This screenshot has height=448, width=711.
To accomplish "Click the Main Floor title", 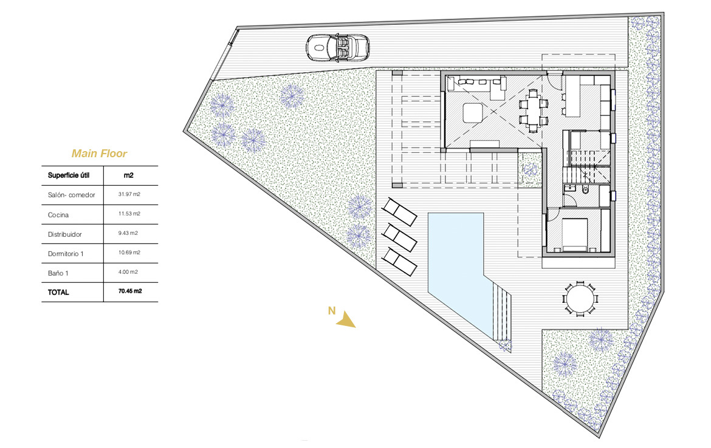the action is point(99,154).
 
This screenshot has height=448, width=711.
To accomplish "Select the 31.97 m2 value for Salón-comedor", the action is point(129,194).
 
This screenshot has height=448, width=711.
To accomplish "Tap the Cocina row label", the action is point(58,215).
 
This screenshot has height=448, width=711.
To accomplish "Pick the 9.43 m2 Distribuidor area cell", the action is point(128,233).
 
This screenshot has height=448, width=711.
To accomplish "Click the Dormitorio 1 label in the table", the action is point(66,254).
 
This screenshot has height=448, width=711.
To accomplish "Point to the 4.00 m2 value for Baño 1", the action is point(128,272).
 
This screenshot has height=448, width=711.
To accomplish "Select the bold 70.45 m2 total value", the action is point(130,291).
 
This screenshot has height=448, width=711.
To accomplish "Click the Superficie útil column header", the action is point(69,175).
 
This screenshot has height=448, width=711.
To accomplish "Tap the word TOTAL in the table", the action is point(58,293).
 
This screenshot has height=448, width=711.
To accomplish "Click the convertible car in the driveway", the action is point(338,47).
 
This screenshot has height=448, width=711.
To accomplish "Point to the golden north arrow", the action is point(346,319).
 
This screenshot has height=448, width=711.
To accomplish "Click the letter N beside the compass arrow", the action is point(332,311).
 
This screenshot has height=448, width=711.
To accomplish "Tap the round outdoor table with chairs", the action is point(580,298).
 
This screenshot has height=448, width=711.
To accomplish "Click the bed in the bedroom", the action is point(575,235).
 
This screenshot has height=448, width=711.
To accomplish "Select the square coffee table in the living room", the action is point(473,114).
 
